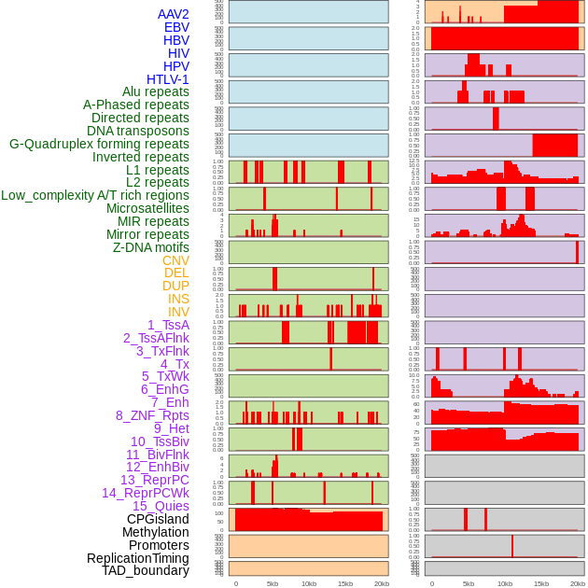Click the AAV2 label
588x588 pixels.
coord(173,14)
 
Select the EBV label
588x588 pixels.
coord(176,27)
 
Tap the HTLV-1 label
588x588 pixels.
coord(167,79)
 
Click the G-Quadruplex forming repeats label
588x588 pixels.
coord(99,144)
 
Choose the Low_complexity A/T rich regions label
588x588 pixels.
coord(95,195)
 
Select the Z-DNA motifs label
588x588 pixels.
coord(150,247)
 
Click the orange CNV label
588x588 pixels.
coord(175,260)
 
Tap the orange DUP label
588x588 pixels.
coord(175,286)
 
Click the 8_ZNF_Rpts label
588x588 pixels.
coord(152,415)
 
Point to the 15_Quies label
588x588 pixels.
coord(160,506)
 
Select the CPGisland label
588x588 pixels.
coord(158,519)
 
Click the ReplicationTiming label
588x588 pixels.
coord(137,558)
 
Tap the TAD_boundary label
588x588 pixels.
coord(145,570)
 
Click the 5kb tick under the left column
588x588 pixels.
coord(273,583)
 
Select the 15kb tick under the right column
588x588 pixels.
coord(541,583)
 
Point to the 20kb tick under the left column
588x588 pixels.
coord(382,583)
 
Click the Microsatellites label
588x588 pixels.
coord(147,208)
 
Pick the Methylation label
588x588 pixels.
coord(155,532)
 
